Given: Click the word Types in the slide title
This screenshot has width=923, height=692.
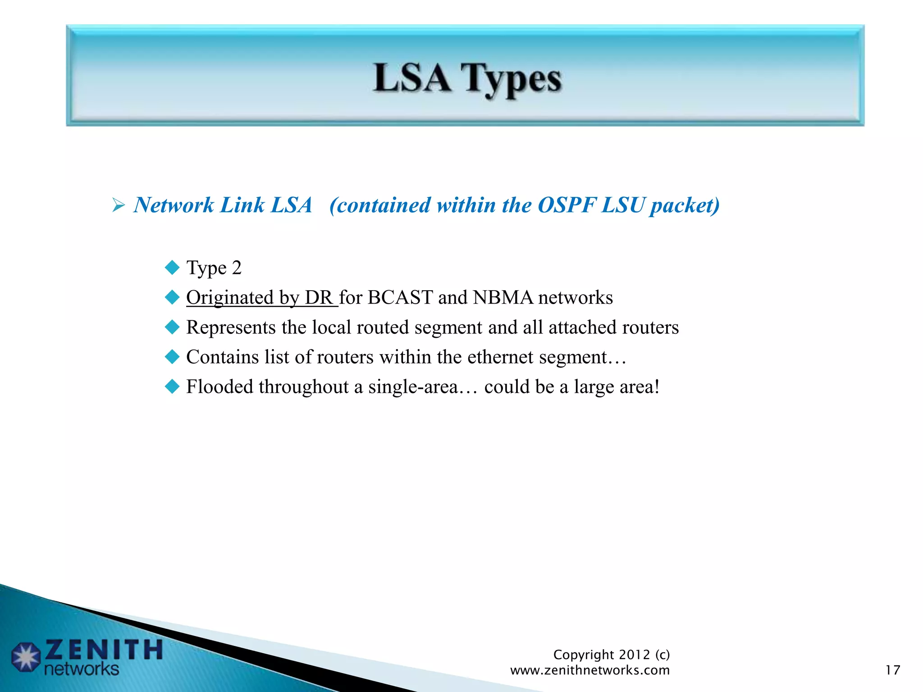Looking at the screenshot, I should (x=512, y=79).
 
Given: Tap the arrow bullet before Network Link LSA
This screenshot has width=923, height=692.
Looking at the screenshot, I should (x=119, y=206).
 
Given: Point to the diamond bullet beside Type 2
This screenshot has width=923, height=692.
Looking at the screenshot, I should (x=172, y=268).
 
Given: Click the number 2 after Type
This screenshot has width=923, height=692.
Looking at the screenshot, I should (x=237, y=268).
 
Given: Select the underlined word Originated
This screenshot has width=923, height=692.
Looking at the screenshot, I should (x=230, y=298).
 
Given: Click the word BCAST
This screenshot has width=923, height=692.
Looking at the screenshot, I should (x=400, y=298).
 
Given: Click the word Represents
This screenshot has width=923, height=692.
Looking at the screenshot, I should (x=231, y=328).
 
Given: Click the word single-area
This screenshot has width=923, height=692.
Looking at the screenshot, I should (x=412, y=387).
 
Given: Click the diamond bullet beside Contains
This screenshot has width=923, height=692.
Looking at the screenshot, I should (x=172, y=357).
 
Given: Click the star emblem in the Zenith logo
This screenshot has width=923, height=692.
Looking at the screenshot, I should (x=26, y=657).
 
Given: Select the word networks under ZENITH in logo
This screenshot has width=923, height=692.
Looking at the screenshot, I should (x=82, y=669).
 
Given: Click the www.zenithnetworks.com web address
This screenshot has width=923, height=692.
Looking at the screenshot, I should (x=589, y=670).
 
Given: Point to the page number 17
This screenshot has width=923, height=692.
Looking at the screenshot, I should (x=892, y=670).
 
